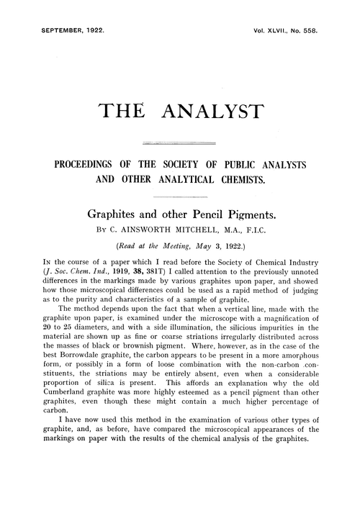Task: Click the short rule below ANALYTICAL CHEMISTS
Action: click(180, 196)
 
